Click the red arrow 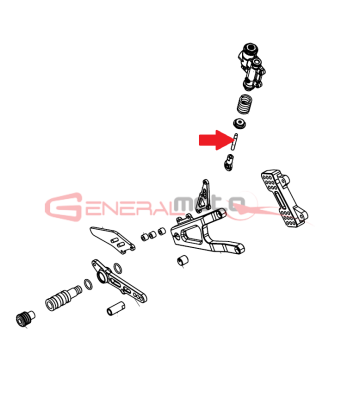[214, 140]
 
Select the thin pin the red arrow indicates [235, 142]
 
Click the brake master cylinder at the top [253, 66]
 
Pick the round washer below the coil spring [240, 123]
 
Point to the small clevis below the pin [228, 162]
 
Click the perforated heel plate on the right [284, 197]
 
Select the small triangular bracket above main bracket [202, 196]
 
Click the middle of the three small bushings [153, 234]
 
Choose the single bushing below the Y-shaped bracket [182, 260]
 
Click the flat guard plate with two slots [112, 239]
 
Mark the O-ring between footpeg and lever [88, 284]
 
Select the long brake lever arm [120, 283]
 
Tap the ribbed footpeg [63, 297]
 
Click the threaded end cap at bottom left [25, 317]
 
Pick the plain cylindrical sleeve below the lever [116, 308]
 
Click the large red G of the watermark [64, 207]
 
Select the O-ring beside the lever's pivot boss [117, 268]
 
